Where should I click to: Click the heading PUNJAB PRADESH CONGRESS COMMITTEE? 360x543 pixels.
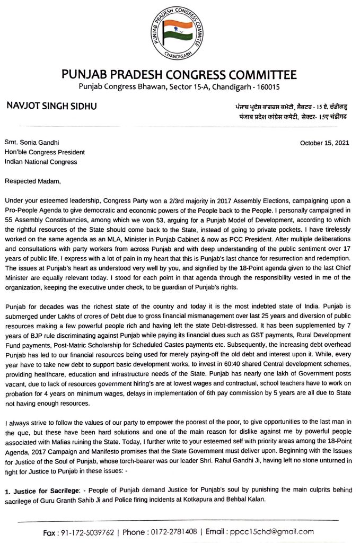click(x=179, y=75)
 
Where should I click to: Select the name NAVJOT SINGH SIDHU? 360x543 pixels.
click(x=51, y=106)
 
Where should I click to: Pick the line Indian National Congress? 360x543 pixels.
click(x=41, y=162)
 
